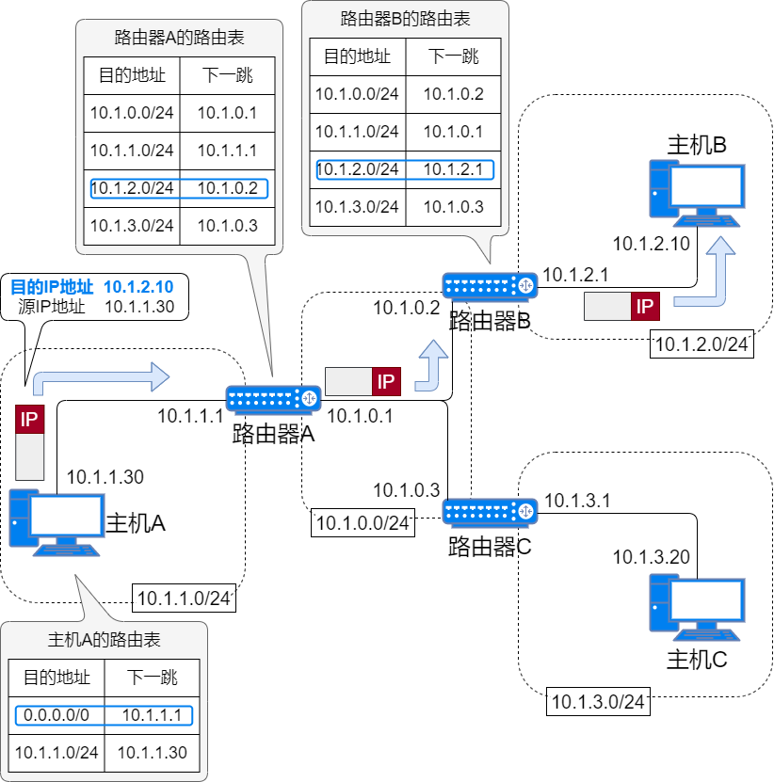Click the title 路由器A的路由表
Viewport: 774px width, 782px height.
click(179, 39)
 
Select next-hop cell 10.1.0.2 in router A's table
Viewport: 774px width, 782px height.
click(227, 188)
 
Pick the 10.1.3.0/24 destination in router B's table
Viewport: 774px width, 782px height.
click(357, 207)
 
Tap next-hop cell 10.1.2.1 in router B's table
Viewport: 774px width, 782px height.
click(453, 169)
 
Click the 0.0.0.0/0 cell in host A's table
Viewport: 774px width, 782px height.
click(56, 715)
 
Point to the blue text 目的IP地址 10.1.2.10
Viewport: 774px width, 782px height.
click(91, 288)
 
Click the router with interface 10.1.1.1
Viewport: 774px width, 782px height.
click(273, 399)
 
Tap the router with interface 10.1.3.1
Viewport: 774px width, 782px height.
click(490, 512)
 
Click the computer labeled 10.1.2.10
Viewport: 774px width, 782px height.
click(697, 194)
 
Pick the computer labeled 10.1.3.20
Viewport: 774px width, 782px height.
click(697, 608)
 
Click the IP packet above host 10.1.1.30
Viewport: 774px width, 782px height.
click(30, 442)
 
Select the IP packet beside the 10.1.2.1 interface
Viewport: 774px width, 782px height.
click(621, 306)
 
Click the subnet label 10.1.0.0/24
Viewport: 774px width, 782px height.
click(363, 523)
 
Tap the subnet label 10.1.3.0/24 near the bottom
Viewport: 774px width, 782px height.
click(598, 701)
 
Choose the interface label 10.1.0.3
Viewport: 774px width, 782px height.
click(407, 490)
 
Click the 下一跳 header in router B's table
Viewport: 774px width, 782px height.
click(453, 56)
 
